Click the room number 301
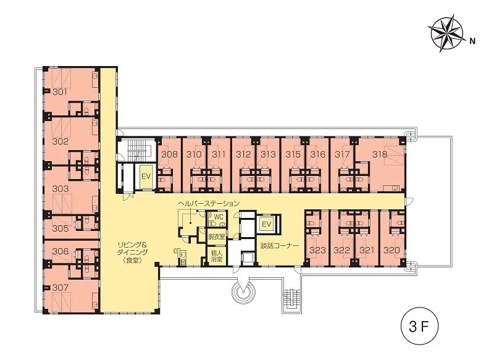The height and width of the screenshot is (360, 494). [x=60, y=92]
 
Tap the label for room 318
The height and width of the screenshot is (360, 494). [x=380, y=154]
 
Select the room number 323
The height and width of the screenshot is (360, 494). [x=317, y=250]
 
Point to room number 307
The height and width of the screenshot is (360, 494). [x=60, y=287]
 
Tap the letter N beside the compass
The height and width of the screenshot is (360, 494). [x=472, y=41]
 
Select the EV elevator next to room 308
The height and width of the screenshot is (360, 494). [x=146, y=177]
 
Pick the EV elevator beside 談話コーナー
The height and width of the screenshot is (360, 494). [x=267, y=224]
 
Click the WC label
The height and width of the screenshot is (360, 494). [x=219, y=217]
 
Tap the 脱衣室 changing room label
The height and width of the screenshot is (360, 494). [x=217, y=237]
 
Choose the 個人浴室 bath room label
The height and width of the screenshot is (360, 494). [x=217, y=256]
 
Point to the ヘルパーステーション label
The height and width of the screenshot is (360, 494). [x=209, y=203]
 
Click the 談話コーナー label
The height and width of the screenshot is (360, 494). [x=280, y=246]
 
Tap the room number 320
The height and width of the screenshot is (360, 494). [x=391, y=250]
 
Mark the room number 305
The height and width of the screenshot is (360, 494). [x=60, y=228]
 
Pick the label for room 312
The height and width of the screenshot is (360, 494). [x=243, y=154]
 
